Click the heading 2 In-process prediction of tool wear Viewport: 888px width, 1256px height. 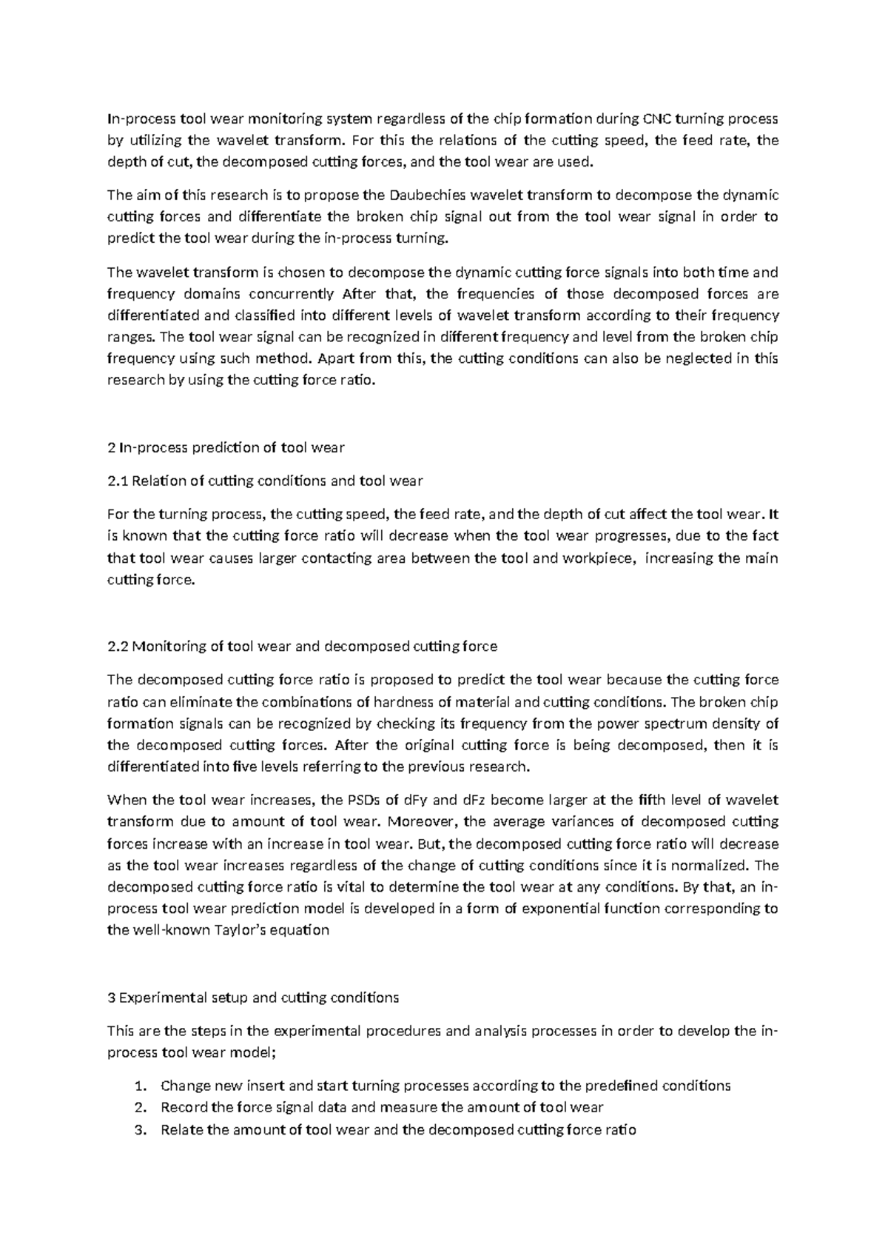pyautogui.click(x=226, y=447)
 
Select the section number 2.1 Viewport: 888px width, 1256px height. pyautogui.click(x=118, y=481)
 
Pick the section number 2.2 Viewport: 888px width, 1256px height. pyautogui.click(x=118, y=646)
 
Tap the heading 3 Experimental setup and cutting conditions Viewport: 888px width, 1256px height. pyautogui.click(x=253, y=998)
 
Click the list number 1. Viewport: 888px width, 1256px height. pyautogui.click(x=141, y=1086)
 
